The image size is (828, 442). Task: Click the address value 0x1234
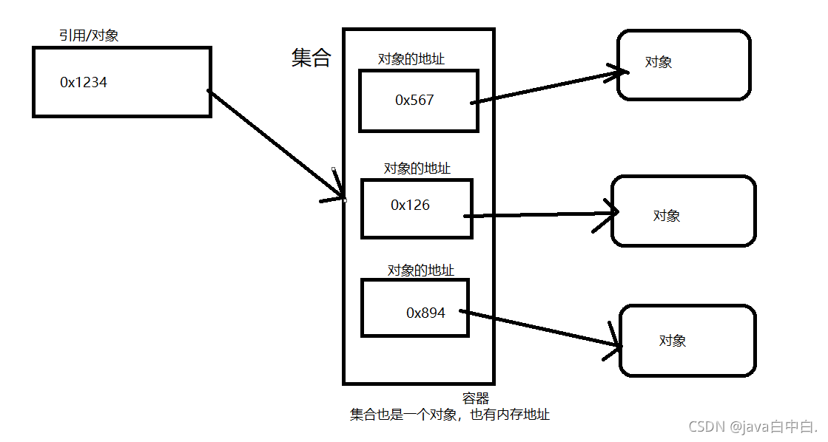(83, 83)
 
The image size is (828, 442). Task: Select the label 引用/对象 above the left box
(89, 35)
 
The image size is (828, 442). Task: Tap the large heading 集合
(311, 58)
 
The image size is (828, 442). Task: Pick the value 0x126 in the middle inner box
(410, 205)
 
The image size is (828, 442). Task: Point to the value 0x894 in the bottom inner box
(425, 313)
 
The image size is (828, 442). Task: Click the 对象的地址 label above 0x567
(411, 59)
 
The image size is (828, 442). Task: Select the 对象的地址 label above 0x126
(417, 169)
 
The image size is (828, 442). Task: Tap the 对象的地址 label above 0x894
(420, 271)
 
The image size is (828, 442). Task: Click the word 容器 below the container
(476, 399)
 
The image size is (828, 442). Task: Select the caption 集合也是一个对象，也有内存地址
(449, 415)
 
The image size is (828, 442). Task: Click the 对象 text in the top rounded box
(658, 63)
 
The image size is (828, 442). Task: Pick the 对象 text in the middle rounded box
(666, 216)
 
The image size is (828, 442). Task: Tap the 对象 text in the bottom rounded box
(672, 341)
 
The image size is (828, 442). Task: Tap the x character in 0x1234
(70, 84)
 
